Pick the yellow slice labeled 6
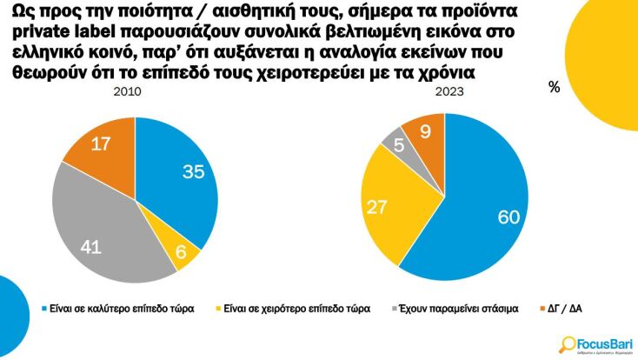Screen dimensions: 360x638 (181, 251)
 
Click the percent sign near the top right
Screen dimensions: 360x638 (554, 87)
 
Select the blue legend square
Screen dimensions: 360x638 (45, 309)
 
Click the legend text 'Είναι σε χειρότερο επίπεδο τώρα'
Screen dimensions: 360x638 (296, 309)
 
